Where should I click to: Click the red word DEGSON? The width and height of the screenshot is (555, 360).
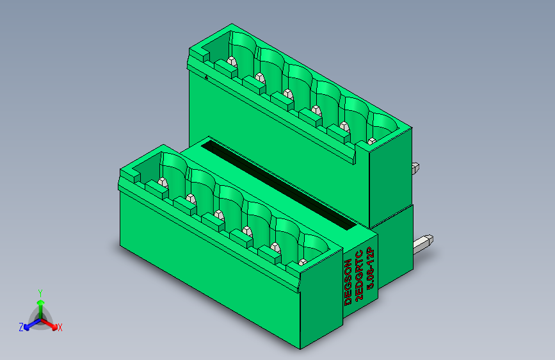(348, 282)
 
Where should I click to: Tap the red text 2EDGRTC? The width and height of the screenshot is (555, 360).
(359, 275)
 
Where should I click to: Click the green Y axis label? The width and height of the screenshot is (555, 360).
(40, 293)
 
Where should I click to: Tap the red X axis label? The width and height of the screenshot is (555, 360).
(60, 328)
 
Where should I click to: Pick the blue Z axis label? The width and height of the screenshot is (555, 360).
(21, 327)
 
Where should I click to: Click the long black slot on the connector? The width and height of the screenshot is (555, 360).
(278, 184)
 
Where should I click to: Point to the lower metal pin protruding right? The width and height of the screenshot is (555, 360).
(423, 244)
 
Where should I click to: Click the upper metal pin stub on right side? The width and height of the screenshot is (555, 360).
(415, 168)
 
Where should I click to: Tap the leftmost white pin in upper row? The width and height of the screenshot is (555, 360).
(232, 61)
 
